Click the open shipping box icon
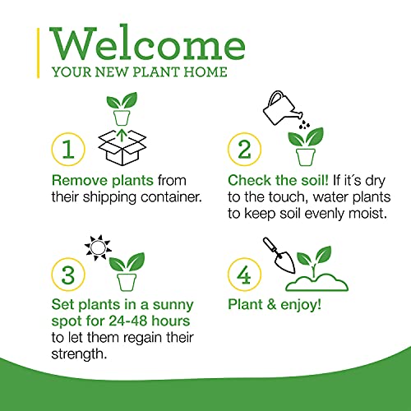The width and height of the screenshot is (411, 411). point(122,150)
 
